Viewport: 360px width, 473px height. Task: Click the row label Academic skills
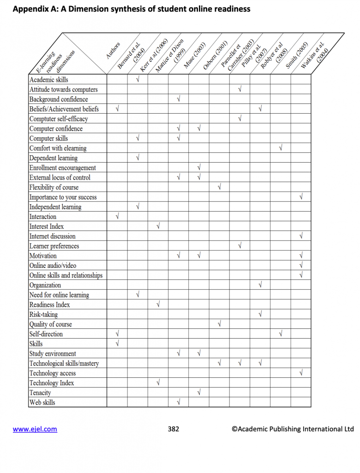click(49, 79)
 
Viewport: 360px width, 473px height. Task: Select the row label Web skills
click(42, 402)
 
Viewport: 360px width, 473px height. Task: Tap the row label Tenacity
click(41, 393)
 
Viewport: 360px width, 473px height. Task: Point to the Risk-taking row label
click(44, 314)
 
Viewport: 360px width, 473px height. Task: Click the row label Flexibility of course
click(54, 187)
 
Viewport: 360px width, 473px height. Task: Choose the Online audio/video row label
click(53, 266)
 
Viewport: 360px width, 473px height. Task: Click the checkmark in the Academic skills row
click(138, 80)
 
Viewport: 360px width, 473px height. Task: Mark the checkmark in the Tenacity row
click(199, 393)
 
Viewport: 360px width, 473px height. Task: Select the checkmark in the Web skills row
click(179, 402)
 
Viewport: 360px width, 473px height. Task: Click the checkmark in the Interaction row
click(117, 217)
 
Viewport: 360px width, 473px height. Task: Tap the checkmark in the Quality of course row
click(219, 324)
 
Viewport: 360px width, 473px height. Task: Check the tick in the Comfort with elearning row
click(281, 148)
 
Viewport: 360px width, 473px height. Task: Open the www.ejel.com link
click(35, 429)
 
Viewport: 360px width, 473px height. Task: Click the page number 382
click(174, 429)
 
